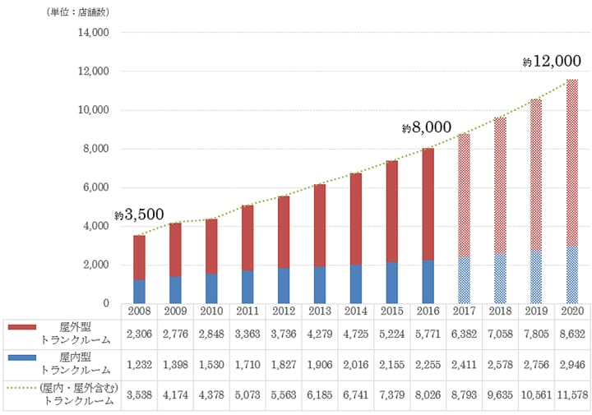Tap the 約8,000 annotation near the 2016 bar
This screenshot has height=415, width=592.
[427, 127]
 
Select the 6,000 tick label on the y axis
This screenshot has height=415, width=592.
[97, 187]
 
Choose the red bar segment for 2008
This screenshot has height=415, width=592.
[140, 257]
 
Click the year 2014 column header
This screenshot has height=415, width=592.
[356, 311]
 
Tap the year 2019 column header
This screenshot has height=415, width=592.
[536, 311]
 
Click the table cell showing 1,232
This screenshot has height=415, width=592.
[140, 363]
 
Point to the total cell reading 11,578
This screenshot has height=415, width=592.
[572, 393]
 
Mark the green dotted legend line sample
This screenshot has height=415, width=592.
[22, 387]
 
